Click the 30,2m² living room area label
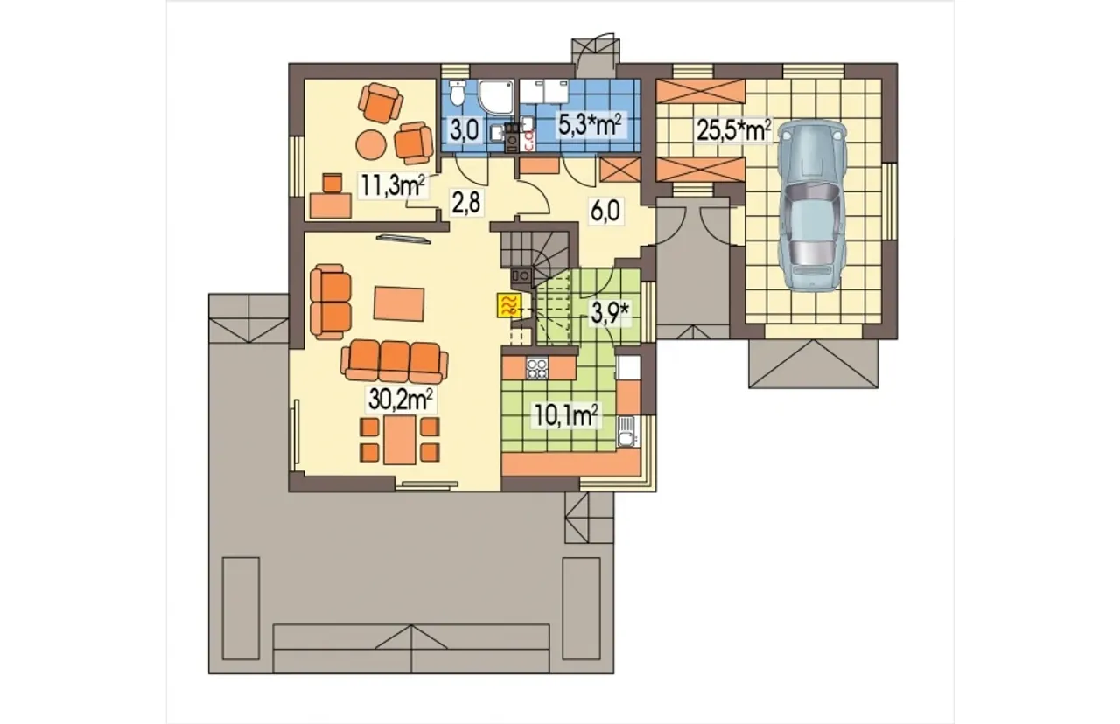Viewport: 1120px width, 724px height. coord(401,400)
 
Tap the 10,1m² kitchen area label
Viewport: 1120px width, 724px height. coord(566,415)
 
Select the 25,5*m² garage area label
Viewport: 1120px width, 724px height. coord(734,130)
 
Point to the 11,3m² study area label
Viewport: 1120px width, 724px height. coord(393,184)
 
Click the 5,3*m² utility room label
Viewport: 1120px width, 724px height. coord(590,125)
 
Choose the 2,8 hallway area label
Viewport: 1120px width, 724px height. coord(466,202)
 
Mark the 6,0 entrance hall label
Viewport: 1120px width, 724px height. coord(605,211)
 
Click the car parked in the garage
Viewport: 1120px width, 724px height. coord(813,205)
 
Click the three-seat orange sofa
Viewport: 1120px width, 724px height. coord(395,361)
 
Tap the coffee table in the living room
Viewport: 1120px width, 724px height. coord(399,303)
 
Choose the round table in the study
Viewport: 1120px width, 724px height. coord(371,144)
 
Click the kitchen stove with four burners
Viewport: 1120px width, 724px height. coord(537,369)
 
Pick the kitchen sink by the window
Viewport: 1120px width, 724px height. coord(626,431)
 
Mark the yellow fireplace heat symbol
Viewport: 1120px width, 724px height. coord(509,305)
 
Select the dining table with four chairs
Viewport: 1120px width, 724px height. coord(400,440)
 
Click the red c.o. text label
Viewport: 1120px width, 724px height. coord(528,141)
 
